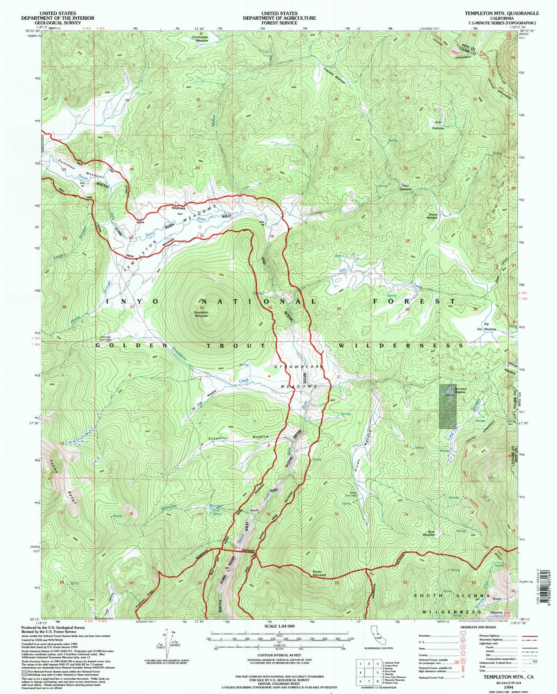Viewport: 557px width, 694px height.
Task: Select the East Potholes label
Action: [x=438, y=125]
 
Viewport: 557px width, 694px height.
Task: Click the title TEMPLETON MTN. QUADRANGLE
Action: [x=501, y=13]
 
